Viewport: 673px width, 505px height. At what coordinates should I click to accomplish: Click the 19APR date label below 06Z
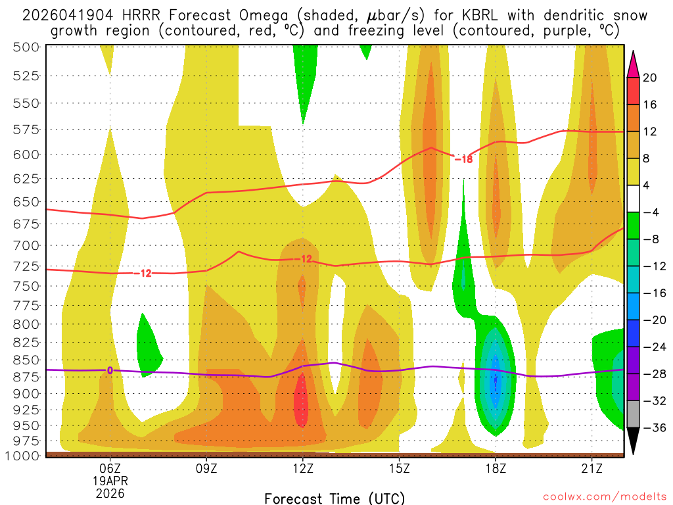110,480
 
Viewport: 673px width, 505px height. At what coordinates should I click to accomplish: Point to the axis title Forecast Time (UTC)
335,498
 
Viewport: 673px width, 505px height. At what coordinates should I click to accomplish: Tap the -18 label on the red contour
463,158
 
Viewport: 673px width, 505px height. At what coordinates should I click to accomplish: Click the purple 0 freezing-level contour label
110,370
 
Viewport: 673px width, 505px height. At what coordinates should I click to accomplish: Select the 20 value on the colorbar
650,78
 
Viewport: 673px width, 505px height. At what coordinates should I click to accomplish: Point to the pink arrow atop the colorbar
634,63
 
